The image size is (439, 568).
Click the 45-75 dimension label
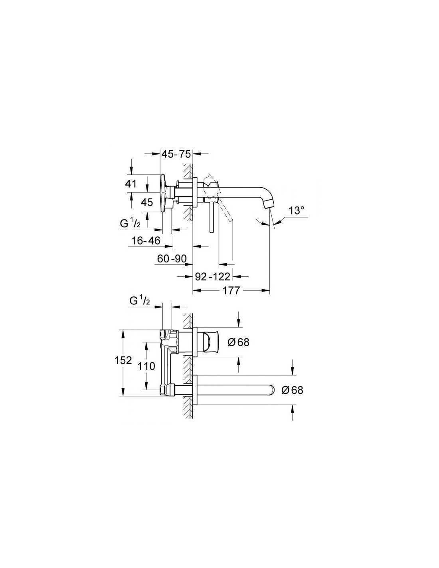pyautogui.click(x=176, y=154)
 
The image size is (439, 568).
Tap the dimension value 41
pyautogui.click(x=131, y=183)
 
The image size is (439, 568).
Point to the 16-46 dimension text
pyautogui.click(x=146, y=240)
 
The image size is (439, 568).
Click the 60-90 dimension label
pyautogui.click(x=172, y=259)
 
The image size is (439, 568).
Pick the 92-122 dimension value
pyautogui.click(x=213, y=276)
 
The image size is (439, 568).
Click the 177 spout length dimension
pyautogui.click(x=231, y=290)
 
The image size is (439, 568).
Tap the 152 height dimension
pyautogui.click(x=123, y=360)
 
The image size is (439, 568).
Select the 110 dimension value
pyautogui.click(x=146, y=366)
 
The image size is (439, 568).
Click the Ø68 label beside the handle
pyautogui.click(x=238, y=342)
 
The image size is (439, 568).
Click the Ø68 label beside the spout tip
pyautogui.click(x=292, y=390)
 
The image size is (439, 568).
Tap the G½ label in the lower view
pyautogui.click(x=140, y=302)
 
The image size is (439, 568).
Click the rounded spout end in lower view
pyautogui.click(x=272, y=390)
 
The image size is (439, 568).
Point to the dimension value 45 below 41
pyautogui.click(x=146, y=202)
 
